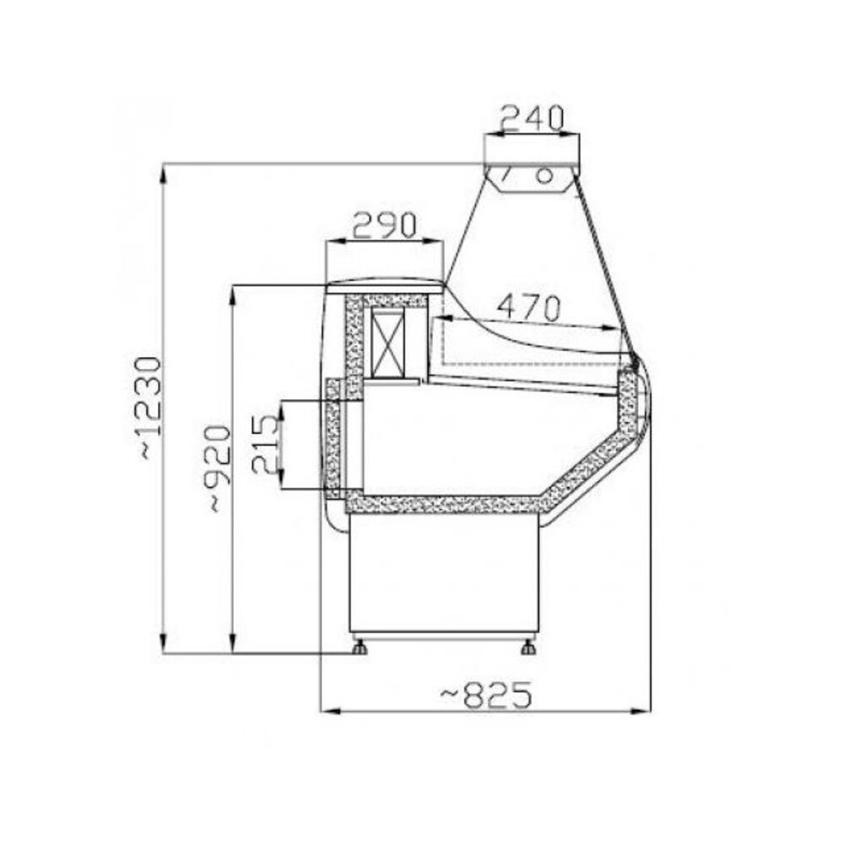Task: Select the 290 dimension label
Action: [x=384, y=225]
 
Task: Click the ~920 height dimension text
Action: [x=218, y=468]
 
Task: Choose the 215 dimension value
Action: [x=264, y=445]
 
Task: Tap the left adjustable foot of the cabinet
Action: [x=360, y=648]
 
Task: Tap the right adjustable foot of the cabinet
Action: [x=528, y=648]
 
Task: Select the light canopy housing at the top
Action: [x=532, y=177]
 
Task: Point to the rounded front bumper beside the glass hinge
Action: [x=646, y=397]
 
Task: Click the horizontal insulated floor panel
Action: [x=443, y=505]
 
